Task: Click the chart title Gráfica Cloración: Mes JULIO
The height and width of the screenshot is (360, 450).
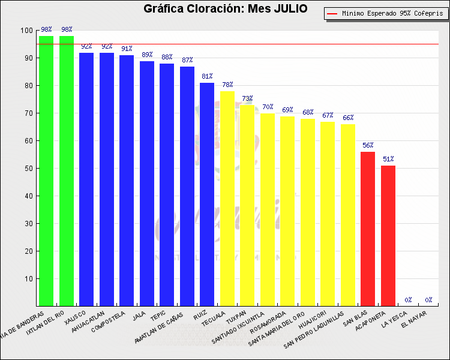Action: pyautogui.click(x=225, y=9)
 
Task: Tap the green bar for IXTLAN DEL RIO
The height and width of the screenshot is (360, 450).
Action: pyautogui.click(x=67, y=171)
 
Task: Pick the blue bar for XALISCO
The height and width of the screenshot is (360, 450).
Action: pyautogui.click(x=86, y=179)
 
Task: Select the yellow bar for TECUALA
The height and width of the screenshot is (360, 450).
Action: pyautogui.click(x=227, y=199)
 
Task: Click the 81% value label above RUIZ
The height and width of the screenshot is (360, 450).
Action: pyautogui.click(x=207, y=77)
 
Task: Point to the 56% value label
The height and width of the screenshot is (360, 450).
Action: pyautogui.click(x=368, y=145)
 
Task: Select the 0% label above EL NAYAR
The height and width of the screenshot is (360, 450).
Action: pyautogui.click(x=428, y=300)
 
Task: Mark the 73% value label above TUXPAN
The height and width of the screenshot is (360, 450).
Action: pyautogui.click(x=247, y=98)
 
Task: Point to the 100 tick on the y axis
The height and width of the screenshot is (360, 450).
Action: pyautogui.click(x=27, y=31)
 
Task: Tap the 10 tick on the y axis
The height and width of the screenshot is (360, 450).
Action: pyautogui.click(x=29, y=279)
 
